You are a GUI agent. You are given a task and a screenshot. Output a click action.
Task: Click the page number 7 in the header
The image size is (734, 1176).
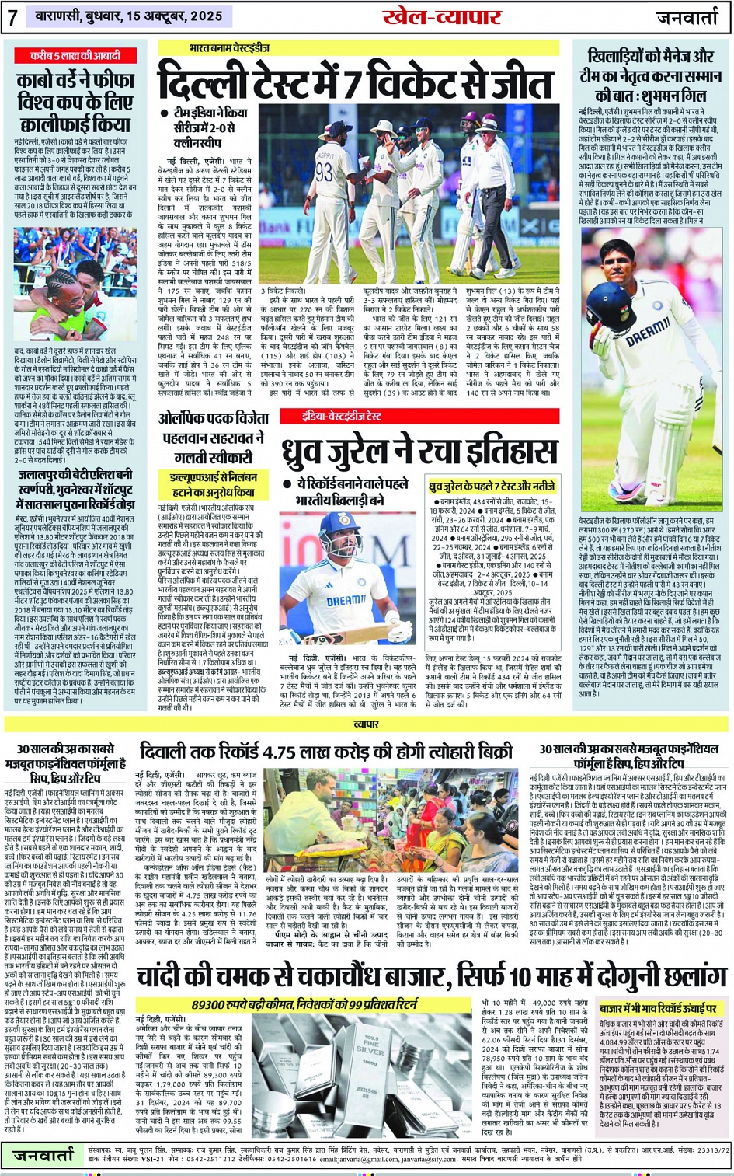point(13,18)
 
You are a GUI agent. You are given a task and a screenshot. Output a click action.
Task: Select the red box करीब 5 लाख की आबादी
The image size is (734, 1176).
point(75,56)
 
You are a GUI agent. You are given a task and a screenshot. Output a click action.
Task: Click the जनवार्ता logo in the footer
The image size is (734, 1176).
point(47,1154)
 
